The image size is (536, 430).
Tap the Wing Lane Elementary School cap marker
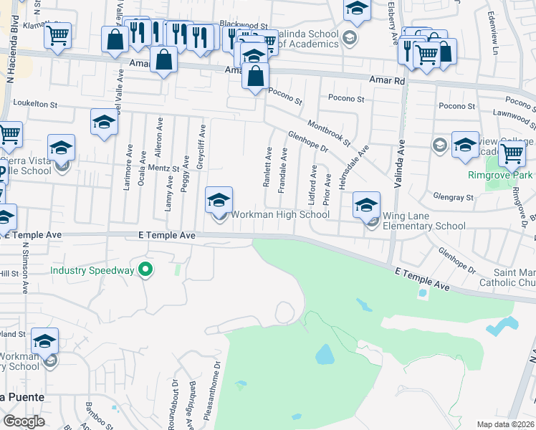[366, 206]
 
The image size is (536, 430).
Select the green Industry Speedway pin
[145, 270]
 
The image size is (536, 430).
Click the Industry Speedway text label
[92, 270]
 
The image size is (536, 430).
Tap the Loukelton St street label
[29, 104]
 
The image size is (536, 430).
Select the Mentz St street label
[163, 168]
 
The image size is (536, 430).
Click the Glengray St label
[454, 197]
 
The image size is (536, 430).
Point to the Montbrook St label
[328, 133]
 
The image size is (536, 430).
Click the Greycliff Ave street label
[202, 143]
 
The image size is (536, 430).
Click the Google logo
[24, 421]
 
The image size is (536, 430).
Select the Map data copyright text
[506, 424]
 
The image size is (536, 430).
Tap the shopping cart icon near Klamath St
[58, 33]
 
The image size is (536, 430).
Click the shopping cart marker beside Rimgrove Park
[512, 153]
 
